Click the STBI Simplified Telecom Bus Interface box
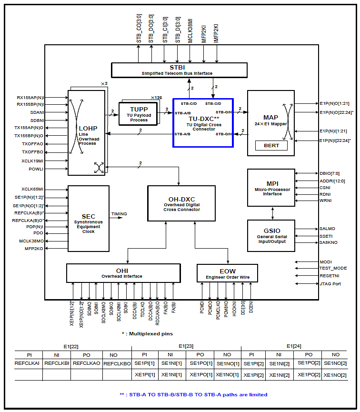click(x=179, y=70)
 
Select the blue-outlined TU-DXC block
click(x=203, y=123)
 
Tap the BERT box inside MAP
click(x=271, y=145)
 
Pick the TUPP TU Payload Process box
click(x=139, y=114)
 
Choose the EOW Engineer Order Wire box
click(x=228, y=273)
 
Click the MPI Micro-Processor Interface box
click(x=271, y=187)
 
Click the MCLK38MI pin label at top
click(x=190, y=31)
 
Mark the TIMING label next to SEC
click(x=119, y=214)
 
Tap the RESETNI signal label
click(x=330, y=276)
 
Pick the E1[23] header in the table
click(x=186, y=346)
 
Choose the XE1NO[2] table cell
click(x=335, y=375)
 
